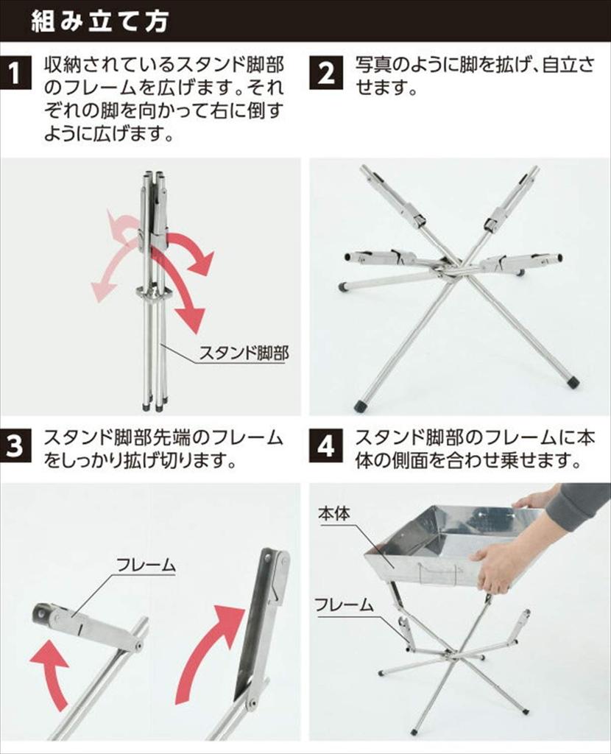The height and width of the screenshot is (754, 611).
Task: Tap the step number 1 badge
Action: (15, 74)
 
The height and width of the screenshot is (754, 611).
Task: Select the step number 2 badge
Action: (326, 74)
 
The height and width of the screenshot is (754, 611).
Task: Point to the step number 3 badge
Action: (15, 445)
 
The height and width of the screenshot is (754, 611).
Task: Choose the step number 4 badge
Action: (326, 445)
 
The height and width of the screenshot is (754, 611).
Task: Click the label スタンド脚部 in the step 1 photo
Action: (244, 353)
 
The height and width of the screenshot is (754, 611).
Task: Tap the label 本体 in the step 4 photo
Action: (334, 513)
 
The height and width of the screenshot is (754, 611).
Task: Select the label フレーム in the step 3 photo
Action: (146, 565)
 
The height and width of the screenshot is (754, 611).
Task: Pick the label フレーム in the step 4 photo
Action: (345, 605)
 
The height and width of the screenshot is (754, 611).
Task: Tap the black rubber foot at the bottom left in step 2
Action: (359, 406)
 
